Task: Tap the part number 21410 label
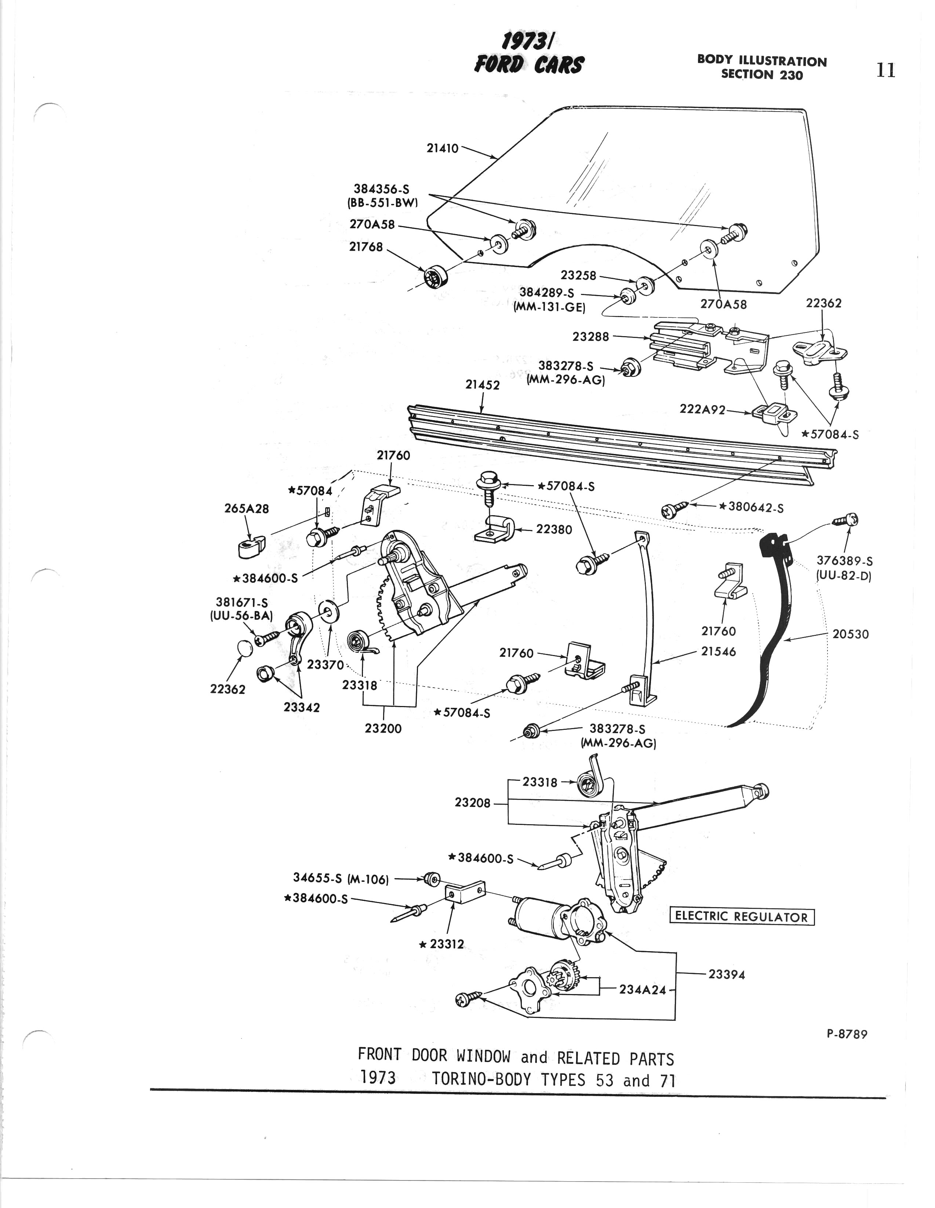click(x=442, y=148)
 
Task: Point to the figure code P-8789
click(x=847, y=1034)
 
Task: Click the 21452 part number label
click(x=483, y=385)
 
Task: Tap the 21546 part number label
click(x=718, y=652)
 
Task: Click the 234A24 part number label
click(x=642, y=990)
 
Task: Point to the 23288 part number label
click(x=590, y=336)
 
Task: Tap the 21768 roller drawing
click(x=436, y=276)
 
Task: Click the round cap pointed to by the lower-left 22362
click(x=243, y=648)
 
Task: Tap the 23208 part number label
click(x=473, y=803)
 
